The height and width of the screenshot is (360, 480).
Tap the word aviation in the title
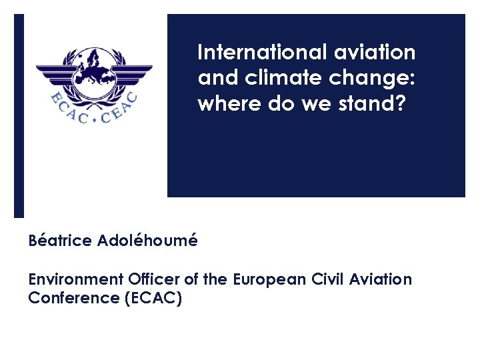379,52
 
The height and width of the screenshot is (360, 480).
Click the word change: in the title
375,79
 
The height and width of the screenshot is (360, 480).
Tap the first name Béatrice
60,241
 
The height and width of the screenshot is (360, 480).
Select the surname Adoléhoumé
147,241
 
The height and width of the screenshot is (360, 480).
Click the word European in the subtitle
269,279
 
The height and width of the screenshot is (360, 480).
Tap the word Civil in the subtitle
328,279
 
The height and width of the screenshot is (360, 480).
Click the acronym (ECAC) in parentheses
153,298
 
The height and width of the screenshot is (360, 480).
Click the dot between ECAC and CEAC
95,122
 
